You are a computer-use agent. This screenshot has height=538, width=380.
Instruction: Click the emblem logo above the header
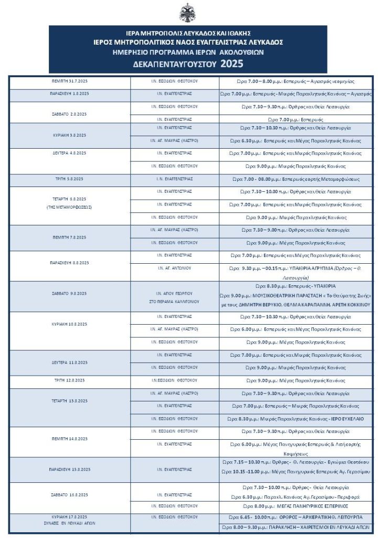pyautogui.click(x=187, y=13)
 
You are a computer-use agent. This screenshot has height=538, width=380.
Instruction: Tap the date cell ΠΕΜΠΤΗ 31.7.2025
pyautogui.click(x=69, y=81)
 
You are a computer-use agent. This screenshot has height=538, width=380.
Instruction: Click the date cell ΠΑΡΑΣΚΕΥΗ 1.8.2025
pyautogui.click(x=69, y=93)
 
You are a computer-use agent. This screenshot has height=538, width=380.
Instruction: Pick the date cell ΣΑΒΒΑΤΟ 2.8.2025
pyautogui.click(x=69, y=113)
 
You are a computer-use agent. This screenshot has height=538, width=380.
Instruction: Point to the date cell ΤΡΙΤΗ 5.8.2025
pyautogui.click(x=69, y=179)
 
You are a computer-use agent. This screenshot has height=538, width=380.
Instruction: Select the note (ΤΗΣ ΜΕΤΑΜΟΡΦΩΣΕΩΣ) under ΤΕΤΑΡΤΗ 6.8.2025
pyautogui.click(x=69, y=207)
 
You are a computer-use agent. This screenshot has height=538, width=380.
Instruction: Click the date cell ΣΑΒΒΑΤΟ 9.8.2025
pyautogui.click(x=69, y=294)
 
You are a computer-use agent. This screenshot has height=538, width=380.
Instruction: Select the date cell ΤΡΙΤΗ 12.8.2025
pyautogui.click(x=69, y=380)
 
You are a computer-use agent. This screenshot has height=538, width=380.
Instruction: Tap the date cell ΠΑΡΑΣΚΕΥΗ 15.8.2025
pyautogui.click(x=69, y=469)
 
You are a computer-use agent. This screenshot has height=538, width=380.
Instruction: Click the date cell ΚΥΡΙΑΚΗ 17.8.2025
pyautogui.click(x=69, y=517)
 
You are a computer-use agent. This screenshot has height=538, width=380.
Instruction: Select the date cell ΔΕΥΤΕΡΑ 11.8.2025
pyautogui.click(x=69, y=363)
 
